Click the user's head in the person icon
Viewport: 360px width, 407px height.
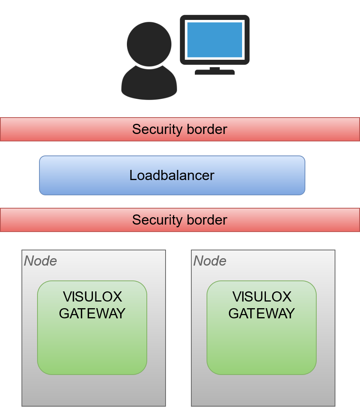click(149, 44)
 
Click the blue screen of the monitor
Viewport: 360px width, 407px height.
click(214, 39)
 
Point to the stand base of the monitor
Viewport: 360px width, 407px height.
click(214, 72)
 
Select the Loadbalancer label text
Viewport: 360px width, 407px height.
click(172, 175)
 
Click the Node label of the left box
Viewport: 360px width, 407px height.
click(41, 261)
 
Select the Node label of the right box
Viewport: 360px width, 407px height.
click(210, 261)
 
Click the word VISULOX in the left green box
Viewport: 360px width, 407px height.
click(93, 297)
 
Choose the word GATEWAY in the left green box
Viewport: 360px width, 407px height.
click(93, 313)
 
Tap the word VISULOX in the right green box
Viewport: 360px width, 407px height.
click(262, 297)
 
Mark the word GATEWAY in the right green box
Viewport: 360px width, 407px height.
click(262, 313)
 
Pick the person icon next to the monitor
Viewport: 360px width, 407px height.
click(149, 62)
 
